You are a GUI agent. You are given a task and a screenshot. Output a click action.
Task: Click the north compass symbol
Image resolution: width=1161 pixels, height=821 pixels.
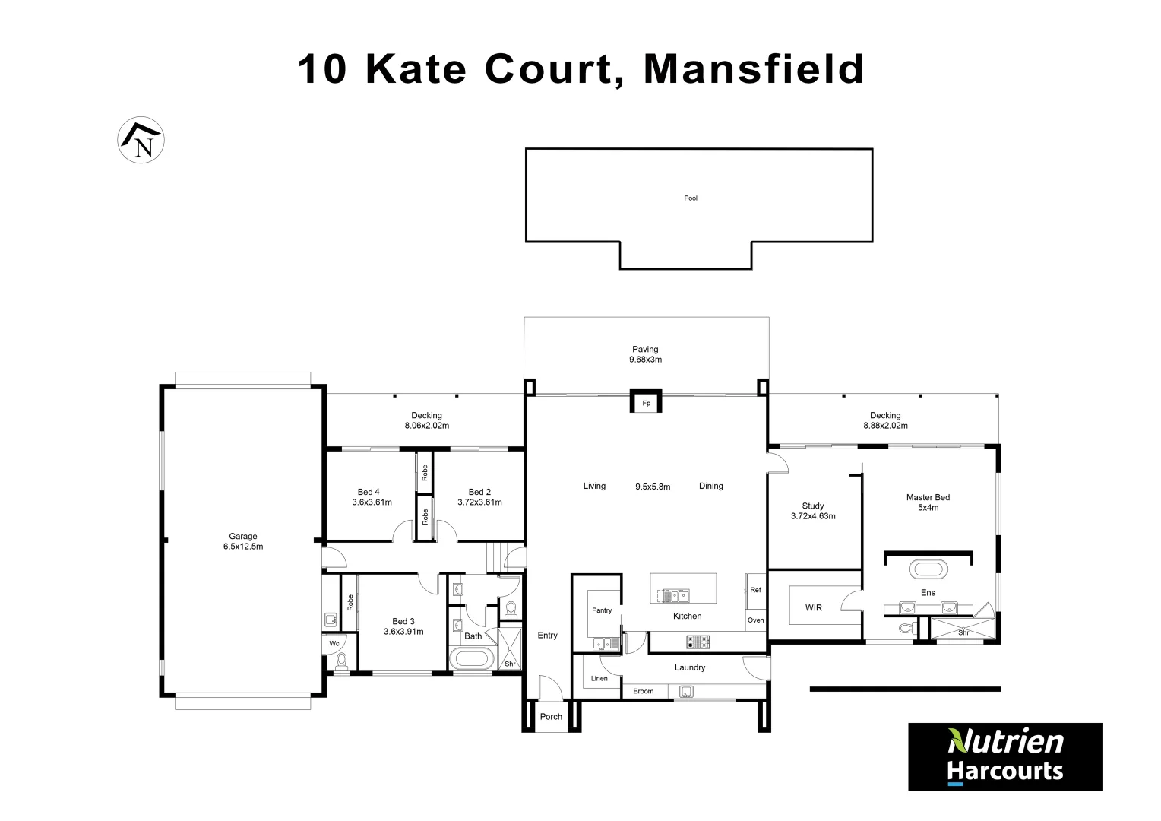[141, 140]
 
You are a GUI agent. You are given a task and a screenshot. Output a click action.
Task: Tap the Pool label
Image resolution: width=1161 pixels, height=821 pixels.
[691, 198]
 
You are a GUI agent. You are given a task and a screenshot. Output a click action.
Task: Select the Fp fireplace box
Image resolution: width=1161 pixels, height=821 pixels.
[646, 402]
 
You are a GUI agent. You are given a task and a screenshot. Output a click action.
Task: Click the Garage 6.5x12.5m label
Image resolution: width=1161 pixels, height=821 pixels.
[243, 541]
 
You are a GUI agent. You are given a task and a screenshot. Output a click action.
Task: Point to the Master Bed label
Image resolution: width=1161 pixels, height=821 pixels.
[928, 498]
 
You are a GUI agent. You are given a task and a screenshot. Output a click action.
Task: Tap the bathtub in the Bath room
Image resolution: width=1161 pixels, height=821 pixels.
[471, 658]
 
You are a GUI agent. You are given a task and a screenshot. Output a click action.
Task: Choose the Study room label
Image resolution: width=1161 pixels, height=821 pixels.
[813, 506]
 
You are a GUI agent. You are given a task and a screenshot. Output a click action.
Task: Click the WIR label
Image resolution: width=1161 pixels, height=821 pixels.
[814, 607]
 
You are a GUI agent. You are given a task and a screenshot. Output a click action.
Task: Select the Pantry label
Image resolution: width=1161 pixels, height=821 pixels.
[602, 610]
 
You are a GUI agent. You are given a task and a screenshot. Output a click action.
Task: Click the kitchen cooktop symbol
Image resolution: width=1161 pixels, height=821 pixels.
[698, 642]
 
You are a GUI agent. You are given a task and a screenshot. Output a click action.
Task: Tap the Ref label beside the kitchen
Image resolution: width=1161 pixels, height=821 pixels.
[755, 590]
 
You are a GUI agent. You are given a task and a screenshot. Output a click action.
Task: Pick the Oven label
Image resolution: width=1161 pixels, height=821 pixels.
[755, 620]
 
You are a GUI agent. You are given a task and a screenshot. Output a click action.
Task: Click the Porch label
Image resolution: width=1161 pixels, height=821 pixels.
[551, 717]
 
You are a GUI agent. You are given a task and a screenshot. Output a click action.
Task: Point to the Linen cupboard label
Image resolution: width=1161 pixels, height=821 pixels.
[599, 678]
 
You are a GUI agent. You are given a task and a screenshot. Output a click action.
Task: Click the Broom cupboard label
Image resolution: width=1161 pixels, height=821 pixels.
[644, 691]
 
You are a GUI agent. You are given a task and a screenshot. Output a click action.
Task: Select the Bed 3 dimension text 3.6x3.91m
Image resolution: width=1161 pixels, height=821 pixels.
[403, 632]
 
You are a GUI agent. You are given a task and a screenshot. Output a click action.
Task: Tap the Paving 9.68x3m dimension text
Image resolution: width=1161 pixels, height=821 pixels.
[645, 360]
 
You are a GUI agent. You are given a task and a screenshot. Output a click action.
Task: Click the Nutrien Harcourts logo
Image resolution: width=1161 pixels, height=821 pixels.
[1005, 756]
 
